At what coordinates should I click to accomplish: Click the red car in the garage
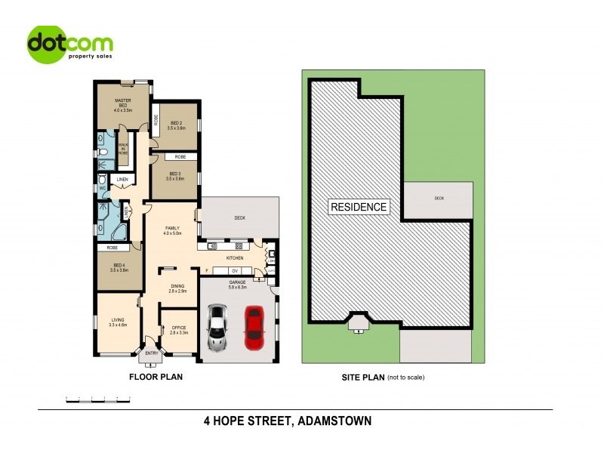point(254,323)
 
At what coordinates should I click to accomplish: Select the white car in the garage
point(217,327)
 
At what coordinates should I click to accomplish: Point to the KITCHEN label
point(235,258)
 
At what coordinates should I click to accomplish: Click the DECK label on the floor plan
point(240,218)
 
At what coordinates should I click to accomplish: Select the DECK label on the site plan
point(439,199)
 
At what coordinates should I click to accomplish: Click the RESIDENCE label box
point(359,207)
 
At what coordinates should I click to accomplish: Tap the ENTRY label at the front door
point(152,353)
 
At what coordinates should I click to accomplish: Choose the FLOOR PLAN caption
point(156,376)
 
